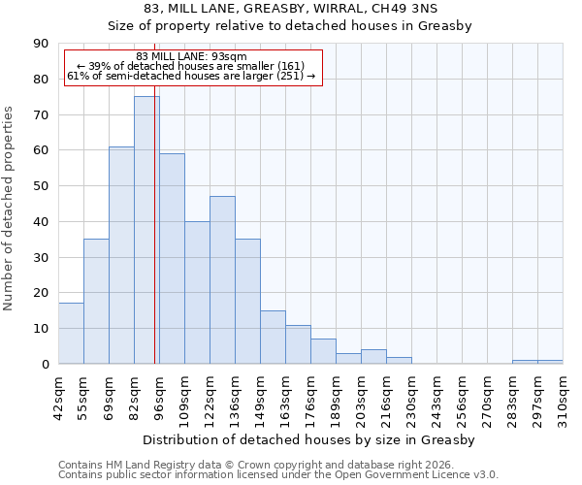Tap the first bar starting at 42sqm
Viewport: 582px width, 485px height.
tap(71, 334)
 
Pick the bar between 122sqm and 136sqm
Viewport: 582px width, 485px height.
tap(222, 280)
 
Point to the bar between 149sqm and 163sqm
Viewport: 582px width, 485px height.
tap(273, 338)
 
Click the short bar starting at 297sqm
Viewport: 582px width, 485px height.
tap(550, 362)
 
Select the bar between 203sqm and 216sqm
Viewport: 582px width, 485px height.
tap(373, 357)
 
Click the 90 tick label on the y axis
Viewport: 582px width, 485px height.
tap(42, 44)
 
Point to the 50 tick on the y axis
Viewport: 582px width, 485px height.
tap(42, 186)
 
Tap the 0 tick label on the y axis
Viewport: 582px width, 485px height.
tap(46, 364)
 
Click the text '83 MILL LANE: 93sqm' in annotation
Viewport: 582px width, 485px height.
tap(191, 56)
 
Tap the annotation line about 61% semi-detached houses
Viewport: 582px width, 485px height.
tap(191, 76)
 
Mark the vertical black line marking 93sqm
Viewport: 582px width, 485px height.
tap(154, 242)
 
